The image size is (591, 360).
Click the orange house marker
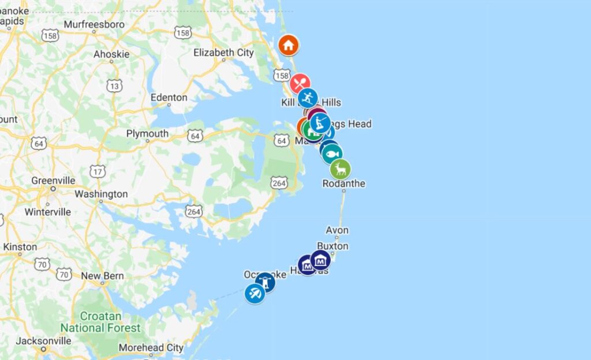(288, 44)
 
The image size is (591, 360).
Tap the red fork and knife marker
(300, 84)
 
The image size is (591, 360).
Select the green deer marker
(341, 168)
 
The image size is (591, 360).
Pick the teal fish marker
(332, 154)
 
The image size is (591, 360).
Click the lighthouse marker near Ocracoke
(265, 282)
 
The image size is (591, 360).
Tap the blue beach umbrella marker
(255, 294)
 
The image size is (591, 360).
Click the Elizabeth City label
(223, 52)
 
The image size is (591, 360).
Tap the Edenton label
(169, 97)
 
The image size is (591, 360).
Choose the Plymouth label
(147, 133)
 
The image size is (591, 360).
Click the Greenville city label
(53, 181)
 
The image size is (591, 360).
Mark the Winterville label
(47, 212)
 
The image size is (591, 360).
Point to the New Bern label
(102, 276)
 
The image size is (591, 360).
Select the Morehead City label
(151, 347)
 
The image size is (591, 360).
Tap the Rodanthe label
(344, 183)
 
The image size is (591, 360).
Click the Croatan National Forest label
(101, 322)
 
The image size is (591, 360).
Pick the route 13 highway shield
(114, 86)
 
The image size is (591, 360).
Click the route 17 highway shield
(96, 171)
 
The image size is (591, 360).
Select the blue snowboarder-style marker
(308, 97)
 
